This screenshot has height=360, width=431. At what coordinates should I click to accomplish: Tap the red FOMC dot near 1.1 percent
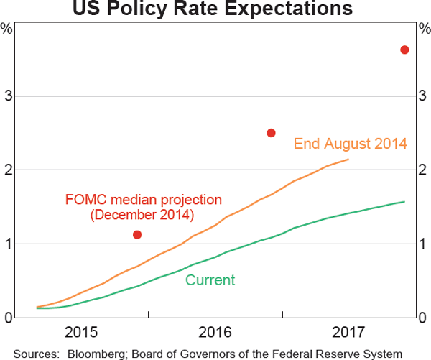tap(137, 234)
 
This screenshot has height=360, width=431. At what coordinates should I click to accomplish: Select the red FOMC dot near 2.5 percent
tap(272, 133)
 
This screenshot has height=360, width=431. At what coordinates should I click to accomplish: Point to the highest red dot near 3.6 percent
tap(404, 50)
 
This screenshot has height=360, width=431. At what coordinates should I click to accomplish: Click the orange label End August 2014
tap(351, 144)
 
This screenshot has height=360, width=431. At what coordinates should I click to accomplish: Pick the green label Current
tap(210, 280)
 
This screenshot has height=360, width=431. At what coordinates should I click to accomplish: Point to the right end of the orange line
tap(348, 160)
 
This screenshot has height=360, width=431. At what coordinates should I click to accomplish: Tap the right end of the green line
tap(404, 202)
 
